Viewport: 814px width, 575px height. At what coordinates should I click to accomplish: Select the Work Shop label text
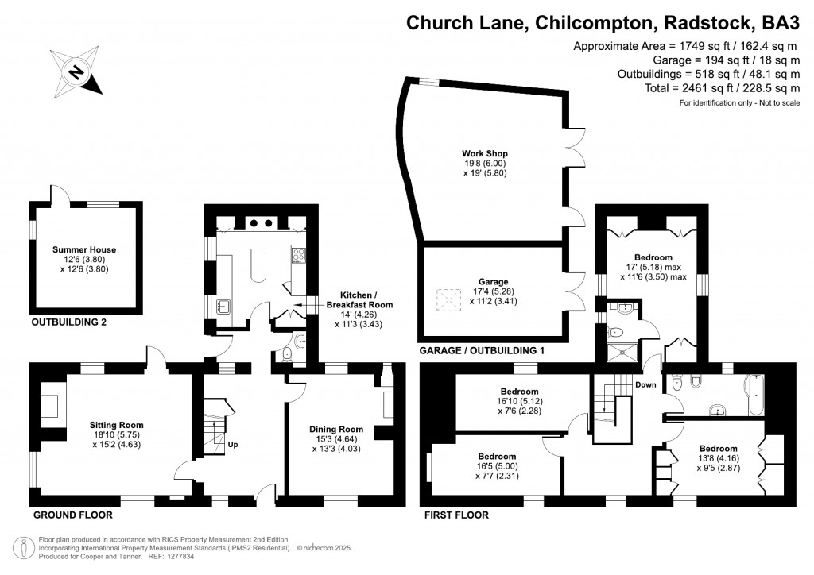485,153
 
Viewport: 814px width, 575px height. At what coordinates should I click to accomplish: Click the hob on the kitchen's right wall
300,255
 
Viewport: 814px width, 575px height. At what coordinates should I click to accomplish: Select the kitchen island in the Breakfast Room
258,266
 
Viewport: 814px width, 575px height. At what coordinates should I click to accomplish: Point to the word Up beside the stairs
233,445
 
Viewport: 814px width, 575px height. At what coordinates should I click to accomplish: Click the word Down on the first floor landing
645,385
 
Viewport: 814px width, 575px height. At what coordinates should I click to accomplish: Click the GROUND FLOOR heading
71,515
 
